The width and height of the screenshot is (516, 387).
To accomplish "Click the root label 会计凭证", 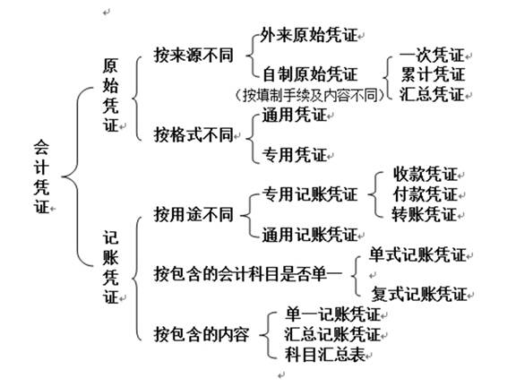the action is [x=41, y=176].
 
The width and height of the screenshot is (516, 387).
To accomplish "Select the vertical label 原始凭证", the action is [x=110, y=96].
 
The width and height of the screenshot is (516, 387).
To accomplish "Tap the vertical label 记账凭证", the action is [x=110, y=267].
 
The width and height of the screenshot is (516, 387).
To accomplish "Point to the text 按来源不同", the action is [x=193, y=55].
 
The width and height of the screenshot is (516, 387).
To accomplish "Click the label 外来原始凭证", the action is [x=309, y=35].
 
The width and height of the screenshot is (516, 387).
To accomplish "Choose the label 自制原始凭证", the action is [x=310, y=74].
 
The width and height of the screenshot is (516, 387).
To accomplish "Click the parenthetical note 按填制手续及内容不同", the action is [x=310, y=95].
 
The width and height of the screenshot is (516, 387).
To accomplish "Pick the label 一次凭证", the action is [x=432, y=55].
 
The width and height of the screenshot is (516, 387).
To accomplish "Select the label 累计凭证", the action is [x=433, y=74].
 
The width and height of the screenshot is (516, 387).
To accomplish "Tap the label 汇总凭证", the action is [x=432, y=94].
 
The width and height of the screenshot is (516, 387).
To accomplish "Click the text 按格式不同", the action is [x=193, y=134].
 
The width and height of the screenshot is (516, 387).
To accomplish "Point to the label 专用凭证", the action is [x=294, y=155].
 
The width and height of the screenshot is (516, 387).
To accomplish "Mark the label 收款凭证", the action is [x=426, y=174].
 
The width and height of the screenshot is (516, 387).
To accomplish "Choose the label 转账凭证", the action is [x=425, y=214].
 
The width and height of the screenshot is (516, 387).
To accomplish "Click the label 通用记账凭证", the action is [x=310, y=235].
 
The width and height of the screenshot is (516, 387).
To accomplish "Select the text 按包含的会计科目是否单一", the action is [x=248, y=274].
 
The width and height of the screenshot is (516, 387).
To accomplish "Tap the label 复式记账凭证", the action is [x=419, y=294].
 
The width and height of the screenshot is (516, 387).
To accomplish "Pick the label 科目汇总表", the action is [x=325, y=355].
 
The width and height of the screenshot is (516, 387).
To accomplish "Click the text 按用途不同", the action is [x=193, y=215].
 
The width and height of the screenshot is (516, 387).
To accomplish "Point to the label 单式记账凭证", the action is [x=417, y=255].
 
